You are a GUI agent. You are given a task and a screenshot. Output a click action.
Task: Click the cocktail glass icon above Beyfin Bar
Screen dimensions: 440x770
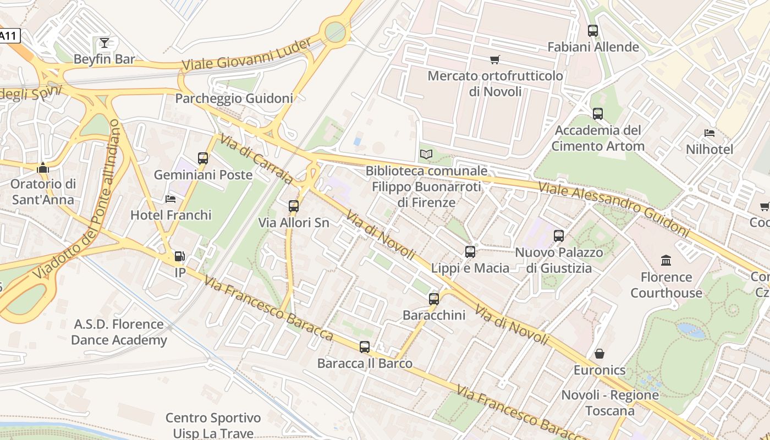[105, 42]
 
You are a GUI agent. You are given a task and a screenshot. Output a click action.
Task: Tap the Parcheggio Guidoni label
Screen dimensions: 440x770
[234, 98]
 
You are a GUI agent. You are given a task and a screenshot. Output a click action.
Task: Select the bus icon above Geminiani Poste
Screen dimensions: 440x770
[203, 158]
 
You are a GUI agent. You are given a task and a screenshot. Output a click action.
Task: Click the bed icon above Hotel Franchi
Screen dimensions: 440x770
[170, 199]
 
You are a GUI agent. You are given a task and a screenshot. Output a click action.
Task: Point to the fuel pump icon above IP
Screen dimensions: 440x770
[179, 256]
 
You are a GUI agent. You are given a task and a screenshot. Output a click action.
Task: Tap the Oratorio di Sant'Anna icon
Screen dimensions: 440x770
[43, 168]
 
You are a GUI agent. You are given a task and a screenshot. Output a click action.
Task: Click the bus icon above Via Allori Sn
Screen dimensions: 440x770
[294, 206]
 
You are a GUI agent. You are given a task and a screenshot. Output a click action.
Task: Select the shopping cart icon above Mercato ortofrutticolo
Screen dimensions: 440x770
[495, 59]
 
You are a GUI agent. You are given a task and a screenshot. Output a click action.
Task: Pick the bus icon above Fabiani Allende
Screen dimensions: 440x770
[593, 31]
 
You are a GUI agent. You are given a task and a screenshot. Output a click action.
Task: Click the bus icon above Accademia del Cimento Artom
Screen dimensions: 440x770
[598, 114]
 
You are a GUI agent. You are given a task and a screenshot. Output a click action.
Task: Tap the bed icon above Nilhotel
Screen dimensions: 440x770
[710, 133]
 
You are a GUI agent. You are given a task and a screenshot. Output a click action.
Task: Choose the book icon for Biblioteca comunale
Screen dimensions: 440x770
[426, 155]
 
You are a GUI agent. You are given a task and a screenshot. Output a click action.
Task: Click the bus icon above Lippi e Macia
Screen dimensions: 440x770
[470, 252]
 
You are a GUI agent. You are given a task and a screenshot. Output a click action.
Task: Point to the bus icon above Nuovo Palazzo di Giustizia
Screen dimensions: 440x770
[559, 236]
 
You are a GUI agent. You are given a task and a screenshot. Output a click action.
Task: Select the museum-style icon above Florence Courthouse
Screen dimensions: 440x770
[666, 260]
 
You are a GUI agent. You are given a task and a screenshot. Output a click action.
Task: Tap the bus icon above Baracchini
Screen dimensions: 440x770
[434, 299]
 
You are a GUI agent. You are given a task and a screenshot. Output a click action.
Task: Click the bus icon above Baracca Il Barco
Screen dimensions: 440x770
[365, 347]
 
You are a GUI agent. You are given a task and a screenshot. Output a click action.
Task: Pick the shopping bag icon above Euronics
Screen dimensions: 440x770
[599, 354]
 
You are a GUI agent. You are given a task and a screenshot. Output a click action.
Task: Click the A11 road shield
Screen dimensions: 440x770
[9, 36]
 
